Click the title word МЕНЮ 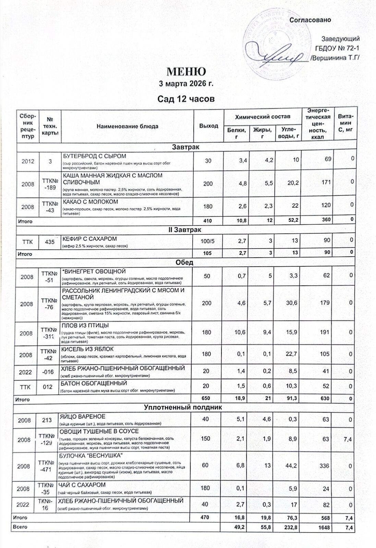click(186, 72)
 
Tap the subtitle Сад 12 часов click(186, 99)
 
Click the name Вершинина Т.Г click(335, 58)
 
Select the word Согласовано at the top click(311, 20)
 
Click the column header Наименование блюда click(127, 126)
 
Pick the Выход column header click(209, 126)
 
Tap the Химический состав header click(262, 117)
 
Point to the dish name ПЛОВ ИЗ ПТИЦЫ click(85, 325)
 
